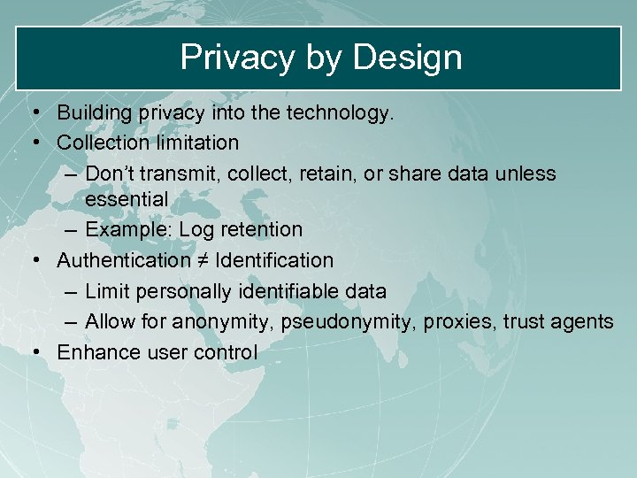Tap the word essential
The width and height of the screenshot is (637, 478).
point(127,198)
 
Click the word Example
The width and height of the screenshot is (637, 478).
point(129,230)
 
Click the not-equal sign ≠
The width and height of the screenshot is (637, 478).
point(203,261)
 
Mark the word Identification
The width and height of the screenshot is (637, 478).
point(274,261)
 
